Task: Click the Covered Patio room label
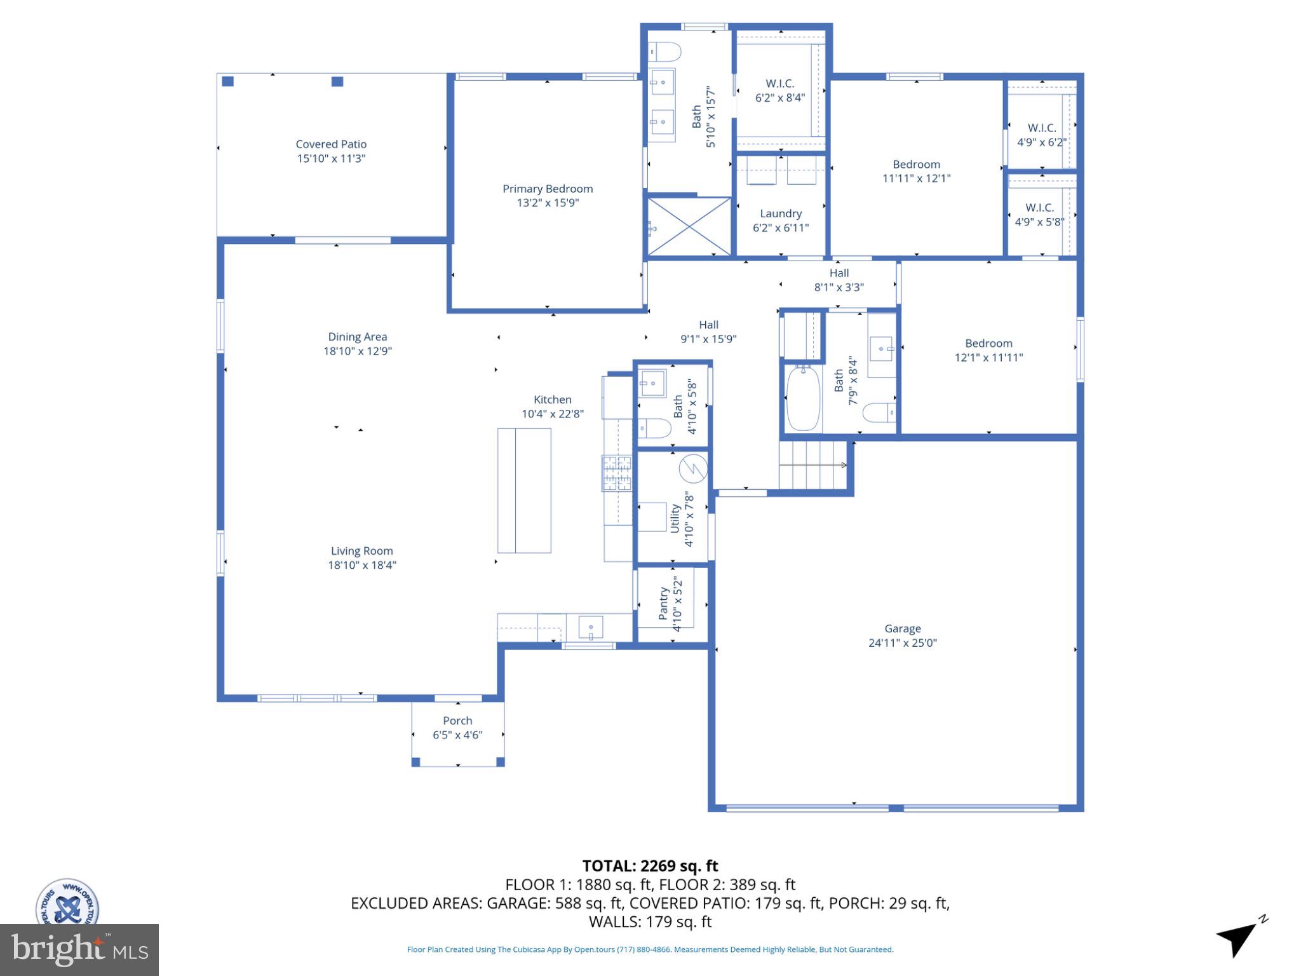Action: pos(331,144)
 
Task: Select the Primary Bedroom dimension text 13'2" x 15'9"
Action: pos(548,203)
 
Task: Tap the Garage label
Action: pos(902,628)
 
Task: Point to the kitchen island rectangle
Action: pos(524,491)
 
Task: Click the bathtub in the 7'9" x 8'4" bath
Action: pos(803,398)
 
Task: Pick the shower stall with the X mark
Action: pos(689,226)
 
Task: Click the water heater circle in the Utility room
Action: pos(693,469)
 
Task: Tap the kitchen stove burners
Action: pos(617,473)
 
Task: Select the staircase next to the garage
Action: pos(812,465)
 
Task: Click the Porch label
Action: pos(457,721)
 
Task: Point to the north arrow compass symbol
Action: pos(1239,938)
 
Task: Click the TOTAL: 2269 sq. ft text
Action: pos(650,866)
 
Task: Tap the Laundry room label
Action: pos(781,213)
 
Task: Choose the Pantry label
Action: pos(664,604)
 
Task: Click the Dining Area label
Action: pos(357,337)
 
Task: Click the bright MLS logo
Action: pos(79,949)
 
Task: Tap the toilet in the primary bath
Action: pos(664,51)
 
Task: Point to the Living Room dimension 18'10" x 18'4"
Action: pos(361,565)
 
